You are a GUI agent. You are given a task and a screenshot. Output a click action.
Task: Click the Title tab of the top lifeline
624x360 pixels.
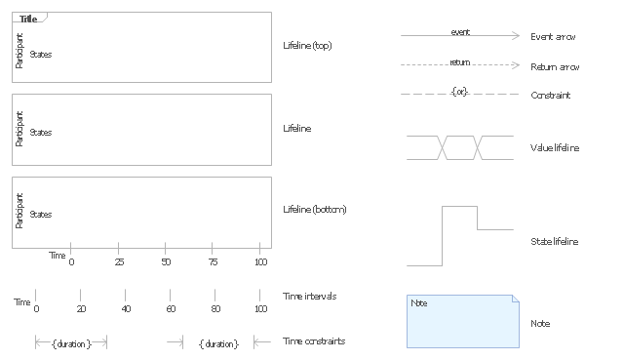[x=28, y=19]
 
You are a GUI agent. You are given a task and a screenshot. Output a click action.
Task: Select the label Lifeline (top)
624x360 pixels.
[x=307, y=46]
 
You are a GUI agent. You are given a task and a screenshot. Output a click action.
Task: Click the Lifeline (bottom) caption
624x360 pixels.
[x=315, y=210]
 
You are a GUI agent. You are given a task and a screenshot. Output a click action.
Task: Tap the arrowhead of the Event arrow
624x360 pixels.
[x=516, y=35]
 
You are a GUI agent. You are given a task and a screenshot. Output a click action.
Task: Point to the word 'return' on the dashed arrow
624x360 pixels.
[x=460, y=62]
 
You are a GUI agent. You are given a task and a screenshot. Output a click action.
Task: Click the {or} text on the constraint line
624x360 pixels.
[x=459, y=92]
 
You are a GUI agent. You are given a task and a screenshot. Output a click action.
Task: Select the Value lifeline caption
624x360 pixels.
[x=555, y=147]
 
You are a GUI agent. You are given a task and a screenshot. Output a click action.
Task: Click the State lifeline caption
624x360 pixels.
[x=555, y=241]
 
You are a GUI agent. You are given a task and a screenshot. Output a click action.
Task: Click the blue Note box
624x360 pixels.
[x=463, y=321]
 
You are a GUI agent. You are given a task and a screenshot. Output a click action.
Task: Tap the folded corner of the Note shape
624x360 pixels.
[x=516, y=299]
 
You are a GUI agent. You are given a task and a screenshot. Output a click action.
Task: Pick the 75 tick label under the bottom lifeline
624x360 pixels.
[x=213, y=261]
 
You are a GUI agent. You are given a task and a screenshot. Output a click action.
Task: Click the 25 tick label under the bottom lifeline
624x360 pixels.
[x=119, y=261]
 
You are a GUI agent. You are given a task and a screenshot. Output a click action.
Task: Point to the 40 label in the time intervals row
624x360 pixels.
[x=126, y=308]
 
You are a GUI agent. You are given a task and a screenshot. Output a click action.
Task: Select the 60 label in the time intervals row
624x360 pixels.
[x=171, y=308]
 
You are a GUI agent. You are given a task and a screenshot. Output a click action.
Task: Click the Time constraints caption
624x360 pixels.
[x=314, y=340]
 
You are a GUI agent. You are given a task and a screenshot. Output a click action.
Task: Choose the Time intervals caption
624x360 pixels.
[x=310, y=297]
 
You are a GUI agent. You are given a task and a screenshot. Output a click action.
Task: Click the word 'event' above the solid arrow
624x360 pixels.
[x=460, y=32]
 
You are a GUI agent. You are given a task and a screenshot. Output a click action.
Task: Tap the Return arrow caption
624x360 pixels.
[x=555, y=67]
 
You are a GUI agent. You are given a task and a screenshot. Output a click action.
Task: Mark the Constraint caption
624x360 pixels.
[x=550, y=96]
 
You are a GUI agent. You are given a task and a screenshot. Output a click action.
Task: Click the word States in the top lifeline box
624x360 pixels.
[x=41, y=55]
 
